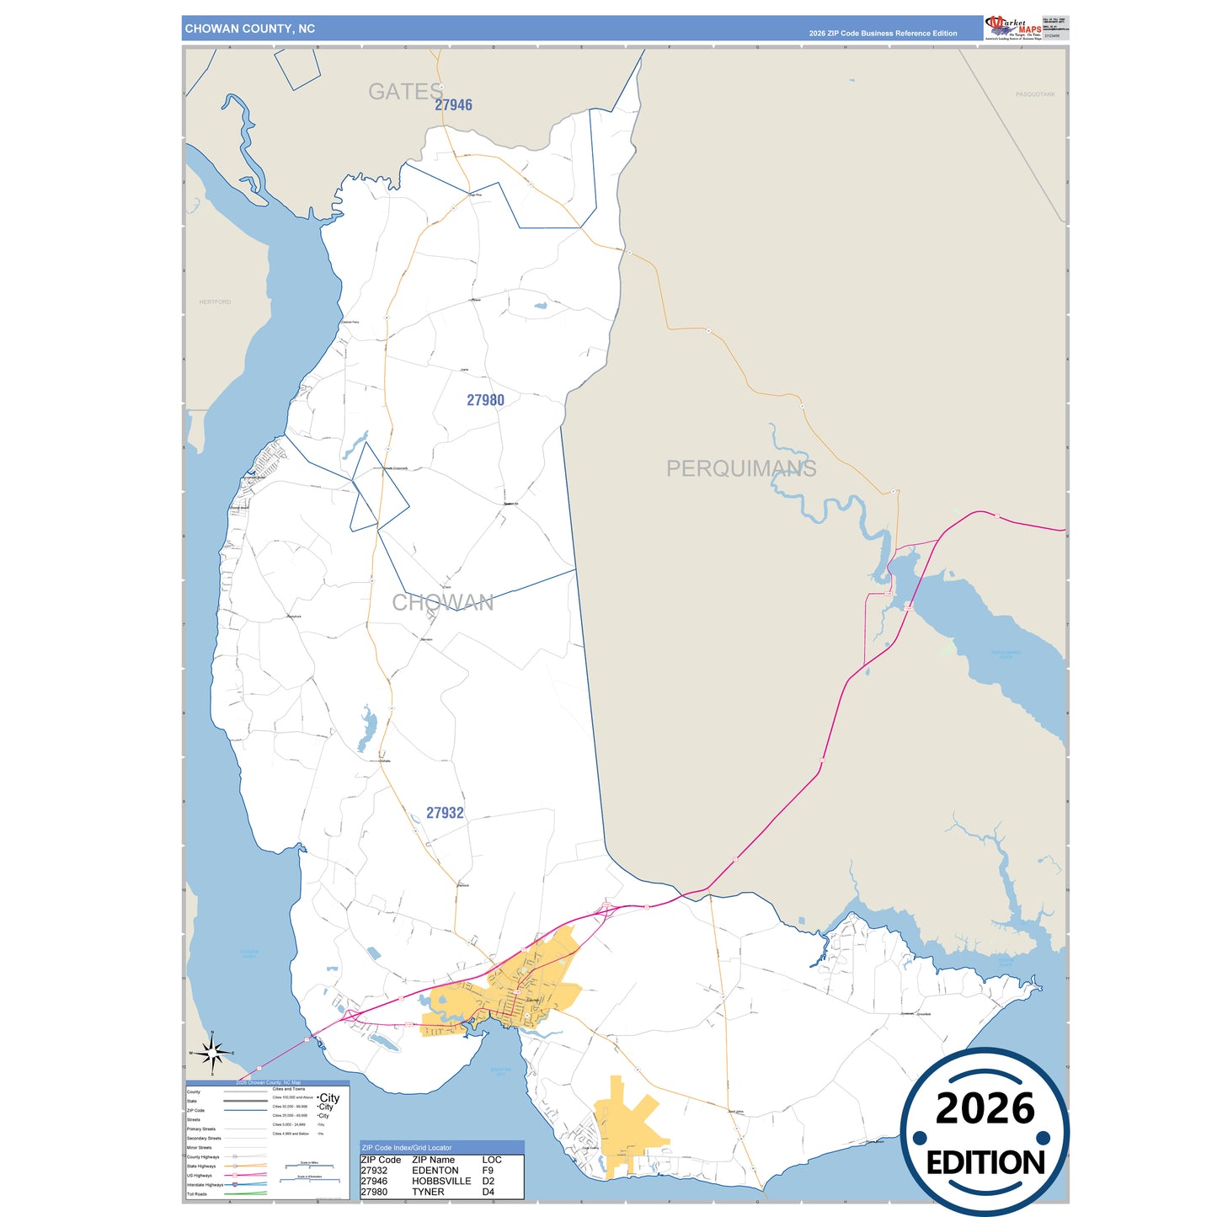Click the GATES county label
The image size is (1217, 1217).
[x=405, y=92]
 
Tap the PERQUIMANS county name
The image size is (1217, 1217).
[x=741, y=468]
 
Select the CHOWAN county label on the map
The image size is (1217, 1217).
[x=443, y=602]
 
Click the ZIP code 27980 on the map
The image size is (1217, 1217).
[x=486, y=400]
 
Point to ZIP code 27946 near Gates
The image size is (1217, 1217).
[x=453, y=105]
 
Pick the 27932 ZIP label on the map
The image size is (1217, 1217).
[x=445, y=813]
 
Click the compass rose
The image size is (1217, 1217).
[x=212, y=1053]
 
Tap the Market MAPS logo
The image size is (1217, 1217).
[x=1014, y=28]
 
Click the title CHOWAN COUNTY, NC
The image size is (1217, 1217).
[x=250, y=29]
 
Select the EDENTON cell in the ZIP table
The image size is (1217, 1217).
[x=435, y=1171]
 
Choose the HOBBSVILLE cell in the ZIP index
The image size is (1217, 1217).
[x=441, y=1181]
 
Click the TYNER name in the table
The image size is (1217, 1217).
[x=428, y=1192]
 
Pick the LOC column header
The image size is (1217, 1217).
[x=492, y=1160]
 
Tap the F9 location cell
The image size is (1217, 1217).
[x=488, y=1171]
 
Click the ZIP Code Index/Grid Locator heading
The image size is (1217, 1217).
[x=407, y=1147]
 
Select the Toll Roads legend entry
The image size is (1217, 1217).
[x=197, y=1194]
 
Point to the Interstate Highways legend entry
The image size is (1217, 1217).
[x=206, y=1185]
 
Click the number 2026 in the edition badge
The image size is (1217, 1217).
[x=985, y=1108]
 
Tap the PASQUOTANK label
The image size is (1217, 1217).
[x=1035, y=94]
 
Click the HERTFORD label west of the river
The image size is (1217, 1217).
[x=215, y=302]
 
